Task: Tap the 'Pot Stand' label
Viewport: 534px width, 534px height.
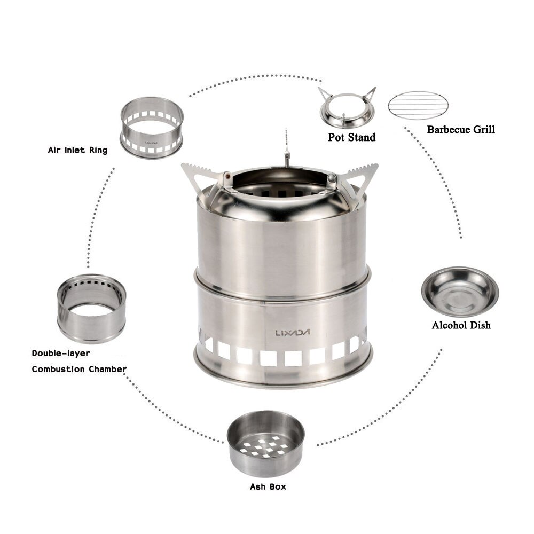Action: coord(351,137)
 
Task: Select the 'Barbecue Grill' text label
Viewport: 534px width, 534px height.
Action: coord(461,129)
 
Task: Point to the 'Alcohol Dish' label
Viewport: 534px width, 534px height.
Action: coord(461,325)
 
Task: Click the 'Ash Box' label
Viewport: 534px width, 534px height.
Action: coord(268,486)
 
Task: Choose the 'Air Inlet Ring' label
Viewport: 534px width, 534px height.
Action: coord(77,150)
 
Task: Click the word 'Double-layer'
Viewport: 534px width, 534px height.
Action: coord(60,353)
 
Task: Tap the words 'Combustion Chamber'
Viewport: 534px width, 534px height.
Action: coord(79,369)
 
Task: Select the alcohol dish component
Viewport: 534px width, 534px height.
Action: coord(460,292)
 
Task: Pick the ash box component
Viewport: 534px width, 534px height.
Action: coord(265,443)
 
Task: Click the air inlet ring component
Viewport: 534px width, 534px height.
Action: coord(152,127)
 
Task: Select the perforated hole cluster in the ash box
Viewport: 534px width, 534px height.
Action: coord(265,447)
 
